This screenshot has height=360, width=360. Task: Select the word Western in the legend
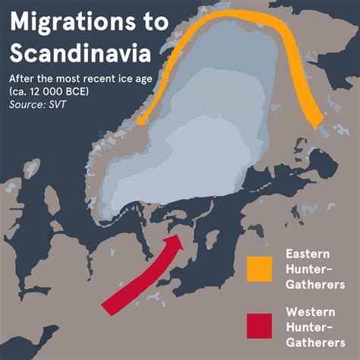click(308, 311)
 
